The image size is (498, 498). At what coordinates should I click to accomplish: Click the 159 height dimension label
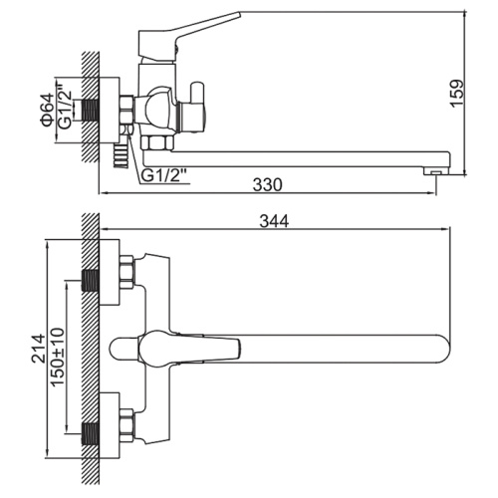tap(457, 93)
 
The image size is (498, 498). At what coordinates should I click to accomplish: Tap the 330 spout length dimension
tap(267, 185)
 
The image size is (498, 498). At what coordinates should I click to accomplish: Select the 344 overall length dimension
tap(274, 221)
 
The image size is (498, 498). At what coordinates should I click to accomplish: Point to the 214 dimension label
tap(39, 348)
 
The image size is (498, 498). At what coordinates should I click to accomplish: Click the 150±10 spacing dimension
tap(58, 357)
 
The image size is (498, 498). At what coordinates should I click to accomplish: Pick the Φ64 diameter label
tap(47, 110)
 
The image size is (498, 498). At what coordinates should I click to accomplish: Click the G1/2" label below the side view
tap(165, 175)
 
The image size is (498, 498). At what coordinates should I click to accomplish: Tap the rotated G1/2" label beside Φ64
tap(65, 106)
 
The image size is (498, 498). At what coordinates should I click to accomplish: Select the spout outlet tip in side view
tap(437, 171)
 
